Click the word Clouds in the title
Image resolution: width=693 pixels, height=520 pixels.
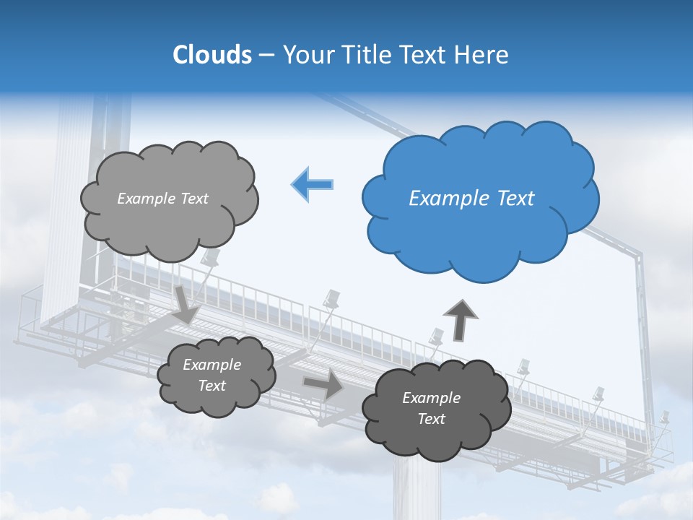pos(212,55)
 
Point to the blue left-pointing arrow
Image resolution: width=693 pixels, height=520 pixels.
pos(312,185)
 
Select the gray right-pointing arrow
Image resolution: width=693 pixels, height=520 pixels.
pos(323,384)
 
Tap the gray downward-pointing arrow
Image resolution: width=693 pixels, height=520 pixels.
pos(186,303)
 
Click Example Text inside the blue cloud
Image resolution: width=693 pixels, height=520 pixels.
pos(471,199)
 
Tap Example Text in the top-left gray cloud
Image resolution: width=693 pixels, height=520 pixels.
pos(162,199)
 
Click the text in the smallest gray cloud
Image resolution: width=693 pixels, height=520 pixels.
pos(212,376)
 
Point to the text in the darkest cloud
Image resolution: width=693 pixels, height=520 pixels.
pos(432,408)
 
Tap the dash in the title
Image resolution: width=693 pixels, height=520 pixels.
pos(266,55)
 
